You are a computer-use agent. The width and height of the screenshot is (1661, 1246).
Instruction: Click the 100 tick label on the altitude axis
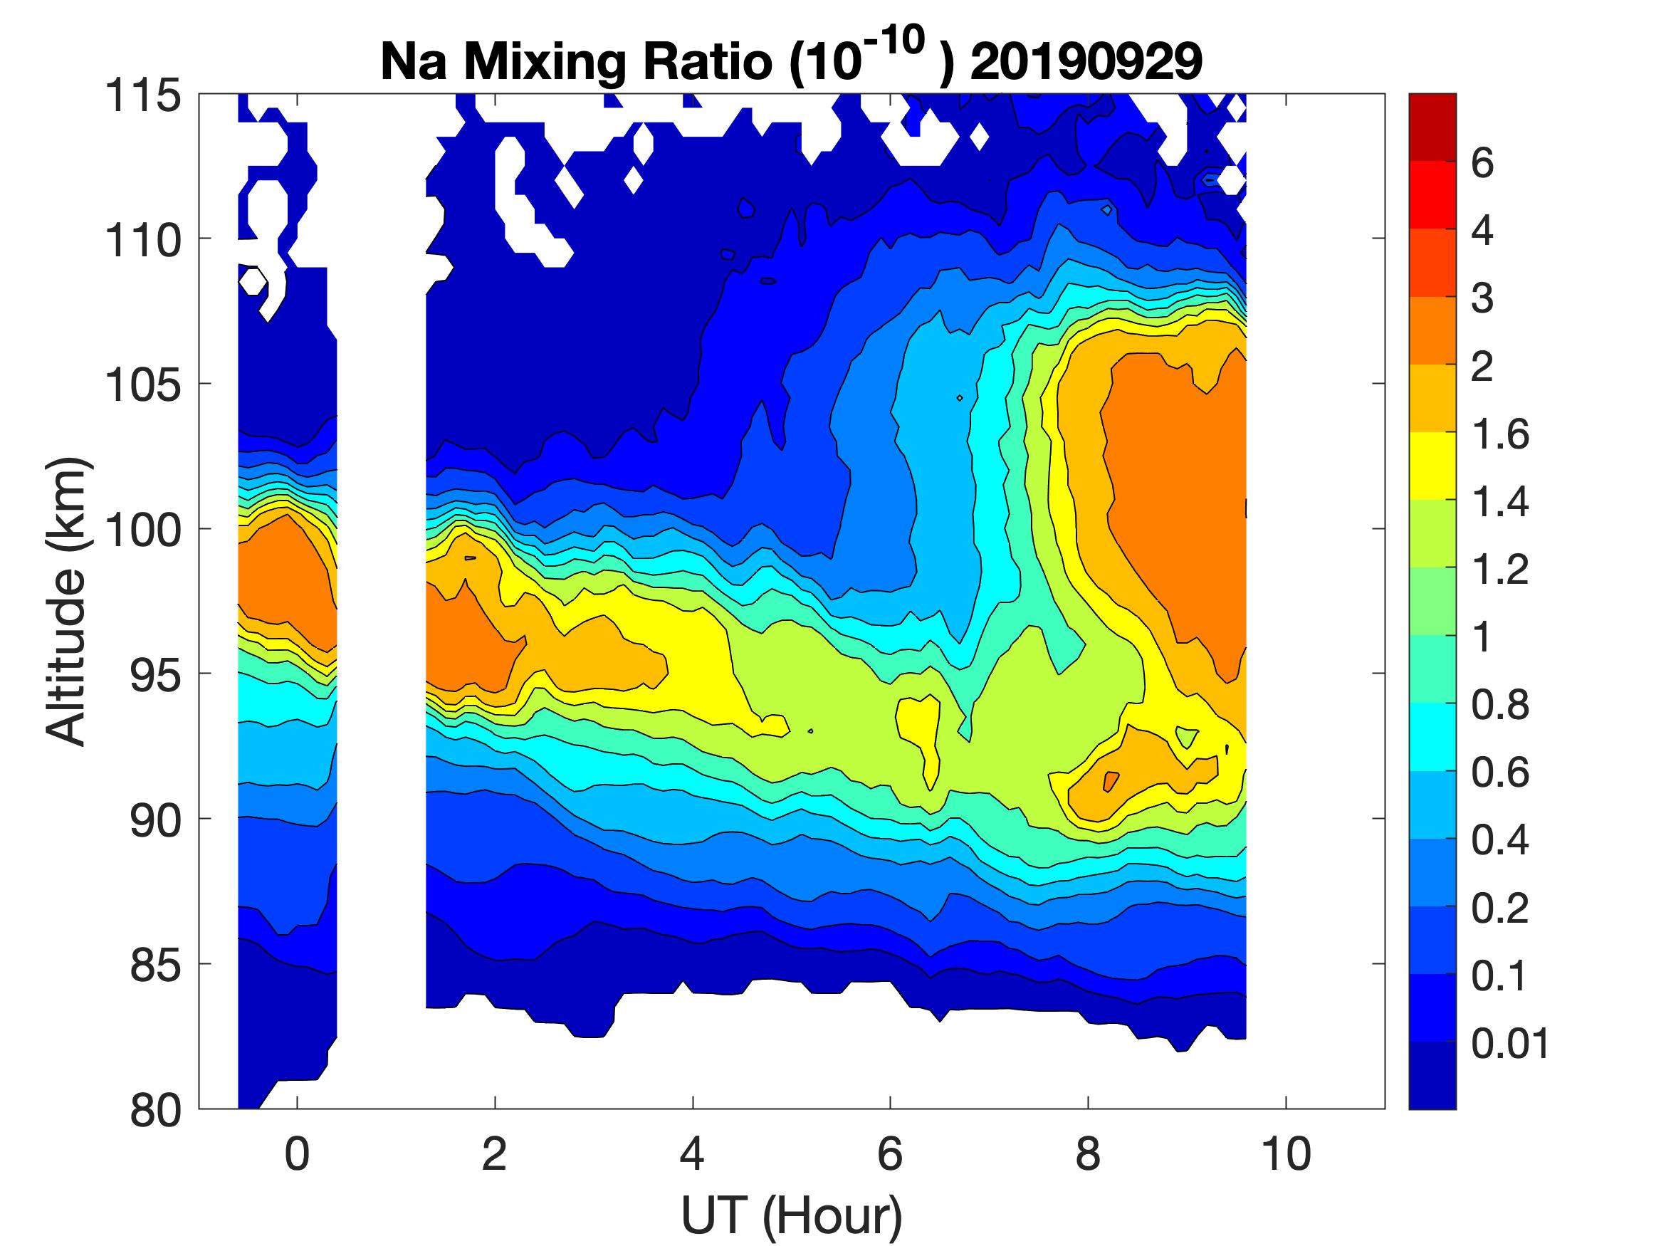pyautogui.click(x=142, y=530)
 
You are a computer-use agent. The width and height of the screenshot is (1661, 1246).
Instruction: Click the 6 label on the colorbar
pyautogui.click(x=1482, y=163)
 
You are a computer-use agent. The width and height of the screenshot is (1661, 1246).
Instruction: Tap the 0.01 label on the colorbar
pyautogui.click(x=1510, y=1043)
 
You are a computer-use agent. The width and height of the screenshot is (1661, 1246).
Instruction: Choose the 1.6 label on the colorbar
pyautogui.click(x=1499, y=434)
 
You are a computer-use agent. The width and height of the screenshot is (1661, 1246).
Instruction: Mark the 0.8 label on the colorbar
pyautogui.click(x=1499, y=706)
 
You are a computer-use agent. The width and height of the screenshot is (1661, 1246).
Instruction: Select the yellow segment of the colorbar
pyautogui.click(x=1432, y=466)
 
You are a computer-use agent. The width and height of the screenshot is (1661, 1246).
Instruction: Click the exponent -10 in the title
pyautogui.click(x=896, y=41)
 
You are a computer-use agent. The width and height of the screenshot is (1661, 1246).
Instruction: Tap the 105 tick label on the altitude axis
pyautogui.click(x=142, y=385)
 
